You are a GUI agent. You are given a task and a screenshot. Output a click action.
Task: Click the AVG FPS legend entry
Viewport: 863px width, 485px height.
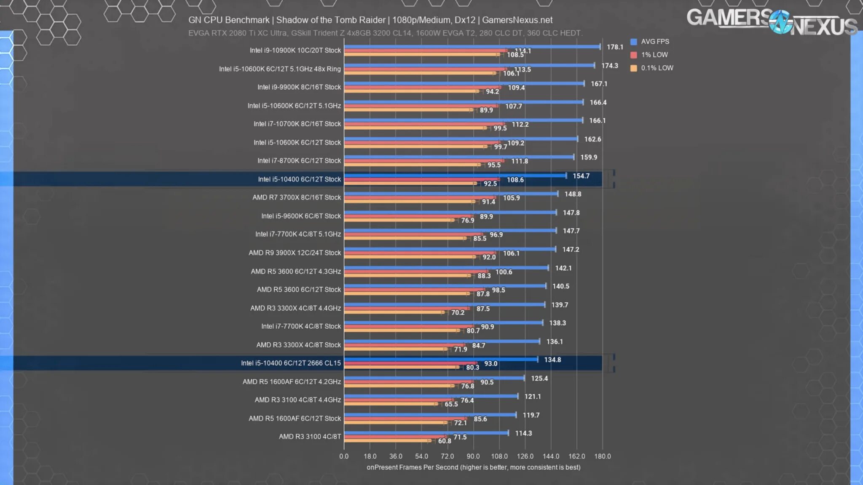(654, 42)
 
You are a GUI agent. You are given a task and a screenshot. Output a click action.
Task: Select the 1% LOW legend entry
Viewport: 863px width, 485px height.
(654, 55)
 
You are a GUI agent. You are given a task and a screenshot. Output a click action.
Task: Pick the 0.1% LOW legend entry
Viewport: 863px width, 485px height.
(657, 68)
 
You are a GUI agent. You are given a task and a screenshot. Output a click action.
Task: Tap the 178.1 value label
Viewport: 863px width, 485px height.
(615, 47)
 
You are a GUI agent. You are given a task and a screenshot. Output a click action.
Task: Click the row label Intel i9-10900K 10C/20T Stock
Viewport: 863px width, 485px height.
(295, 51)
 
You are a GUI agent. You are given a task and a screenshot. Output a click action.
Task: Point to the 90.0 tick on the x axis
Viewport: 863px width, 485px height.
(473, 456)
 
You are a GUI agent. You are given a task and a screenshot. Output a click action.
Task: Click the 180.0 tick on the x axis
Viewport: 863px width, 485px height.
(602, 456)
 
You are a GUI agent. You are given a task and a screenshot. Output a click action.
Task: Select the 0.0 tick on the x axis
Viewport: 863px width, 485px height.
(344, 456)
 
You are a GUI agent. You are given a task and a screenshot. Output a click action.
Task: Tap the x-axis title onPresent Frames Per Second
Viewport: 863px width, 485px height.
(473, 467)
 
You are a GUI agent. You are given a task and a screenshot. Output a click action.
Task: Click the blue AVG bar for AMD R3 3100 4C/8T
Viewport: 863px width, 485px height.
(426, 433)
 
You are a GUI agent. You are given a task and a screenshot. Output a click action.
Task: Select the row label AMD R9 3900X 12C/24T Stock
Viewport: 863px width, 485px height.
(295, 253)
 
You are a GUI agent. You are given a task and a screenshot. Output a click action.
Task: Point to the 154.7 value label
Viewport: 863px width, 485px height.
(581, 176)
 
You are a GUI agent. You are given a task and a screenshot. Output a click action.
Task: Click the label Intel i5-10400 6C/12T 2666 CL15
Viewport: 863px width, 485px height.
(291, 363)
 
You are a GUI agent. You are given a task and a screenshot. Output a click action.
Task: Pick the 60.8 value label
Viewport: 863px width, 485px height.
(445, 441)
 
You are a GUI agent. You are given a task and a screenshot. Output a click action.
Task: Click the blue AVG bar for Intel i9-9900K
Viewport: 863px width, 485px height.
(464, 83)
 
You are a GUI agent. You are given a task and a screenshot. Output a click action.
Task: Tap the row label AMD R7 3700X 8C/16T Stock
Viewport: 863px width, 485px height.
(297, 197)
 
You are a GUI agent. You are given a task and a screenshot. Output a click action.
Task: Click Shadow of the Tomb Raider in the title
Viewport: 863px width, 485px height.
(331, 20)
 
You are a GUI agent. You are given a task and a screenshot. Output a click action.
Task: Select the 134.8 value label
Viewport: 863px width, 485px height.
(552, 360)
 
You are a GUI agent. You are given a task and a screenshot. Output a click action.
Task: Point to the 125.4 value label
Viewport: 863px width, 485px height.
(539, 378)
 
